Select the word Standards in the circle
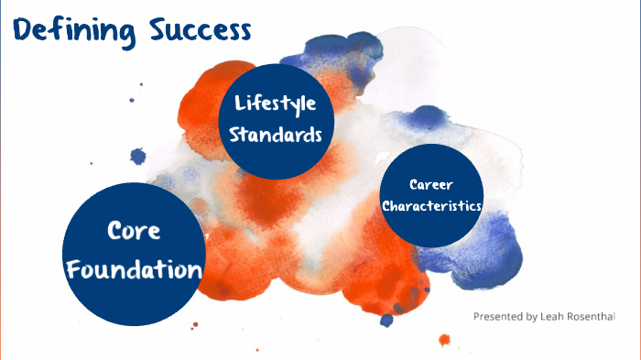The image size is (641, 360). [276, 134]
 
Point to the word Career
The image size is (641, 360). [432, 184]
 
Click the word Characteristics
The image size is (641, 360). [432, 205]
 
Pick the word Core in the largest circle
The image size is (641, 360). [134, 230]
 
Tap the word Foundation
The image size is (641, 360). [135, 270]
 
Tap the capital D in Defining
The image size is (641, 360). [23, 29]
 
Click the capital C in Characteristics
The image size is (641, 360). [386, 205]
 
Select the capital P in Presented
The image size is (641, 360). [477, 316]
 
